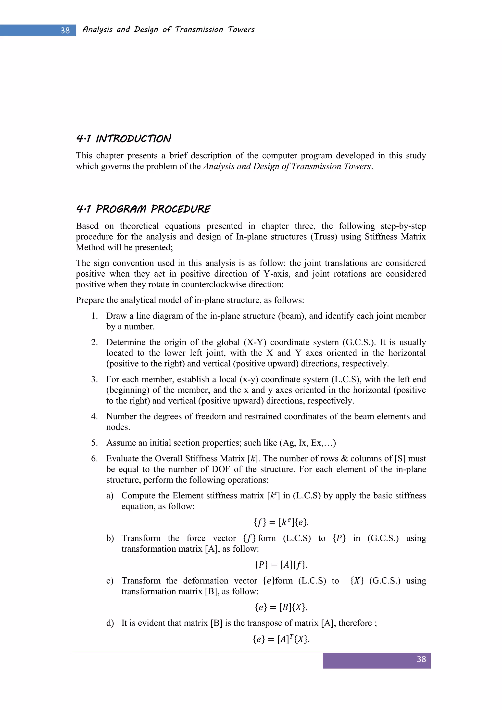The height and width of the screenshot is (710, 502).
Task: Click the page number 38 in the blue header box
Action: click(65, 30)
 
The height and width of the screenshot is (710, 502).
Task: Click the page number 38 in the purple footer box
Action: click(421, 659)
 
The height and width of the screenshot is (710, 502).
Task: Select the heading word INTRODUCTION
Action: click(133, 139)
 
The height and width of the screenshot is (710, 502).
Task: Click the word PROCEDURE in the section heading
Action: click(181, 209)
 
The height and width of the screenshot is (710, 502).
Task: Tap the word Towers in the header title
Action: click(241, 29)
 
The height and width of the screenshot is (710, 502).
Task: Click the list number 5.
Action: click(94, 443)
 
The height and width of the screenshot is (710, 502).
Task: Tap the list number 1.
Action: click(94, 316)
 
